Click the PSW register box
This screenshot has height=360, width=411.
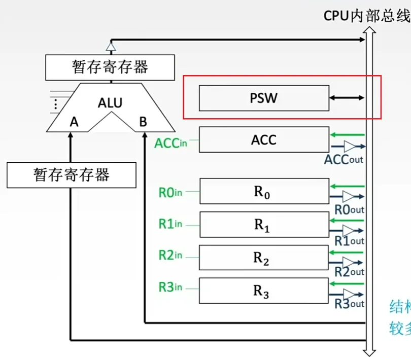tap(263, 97)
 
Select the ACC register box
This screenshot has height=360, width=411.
tap(263, 139)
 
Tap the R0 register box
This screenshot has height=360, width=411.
tap(263, 191)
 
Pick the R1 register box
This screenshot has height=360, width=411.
tap(263, 225)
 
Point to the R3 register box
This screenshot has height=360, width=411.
tap(263, 291)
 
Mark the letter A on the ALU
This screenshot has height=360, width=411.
tap(75, 122)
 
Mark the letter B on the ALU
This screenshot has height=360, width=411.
tap(143, 122)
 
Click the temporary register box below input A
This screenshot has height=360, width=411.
tap(72, 175)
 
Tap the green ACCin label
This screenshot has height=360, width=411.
tap(170, 143)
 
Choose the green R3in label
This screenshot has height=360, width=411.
tap(170, 287)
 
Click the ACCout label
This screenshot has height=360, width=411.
tap(344, 160)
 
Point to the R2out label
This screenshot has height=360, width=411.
tap(349, 272)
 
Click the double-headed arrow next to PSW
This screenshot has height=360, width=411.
tap(347, 97)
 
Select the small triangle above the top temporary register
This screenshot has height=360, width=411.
tap(111, 47)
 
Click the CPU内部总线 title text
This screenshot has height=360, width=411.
tap(366, 16)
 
